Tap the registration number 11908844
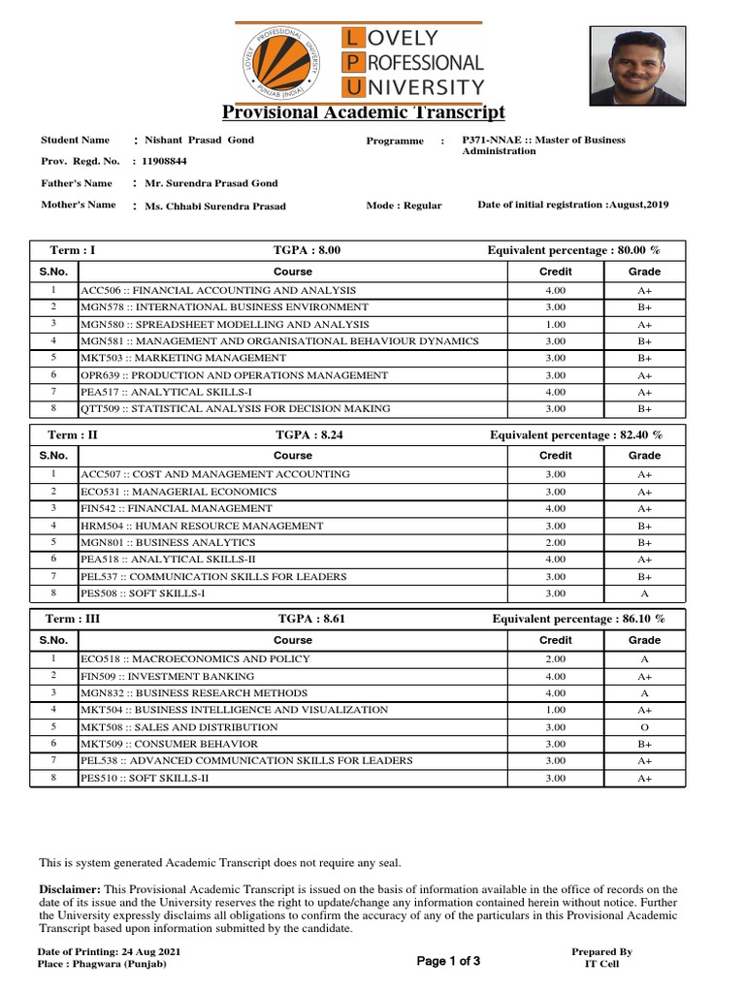coord(165,161)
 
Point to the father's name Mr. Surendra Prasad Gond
coord(211,183)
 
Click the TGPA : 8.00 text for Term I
coord(309,250)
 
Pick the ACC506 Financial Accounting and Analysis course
coord(218,290)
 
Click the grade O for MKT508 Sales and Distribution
coord(644,726)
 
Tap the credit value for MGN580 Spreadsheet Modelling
coord(555,324)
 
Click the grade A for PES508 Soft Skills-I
coord(644,593)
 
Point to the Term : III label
coord(74,619)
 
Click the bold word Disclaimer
coord(69,889)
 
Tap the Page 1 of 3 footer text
coord(448,961)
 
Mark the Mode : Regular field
coord(404,206)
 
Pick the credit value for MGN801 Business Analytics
coord(555,542)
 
